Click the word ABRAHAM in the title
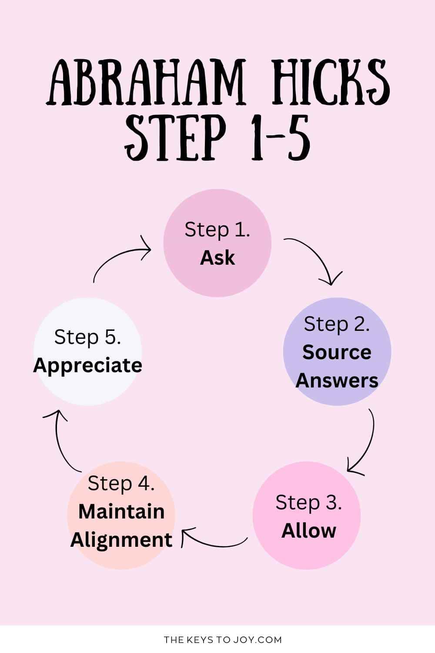pos(145,82)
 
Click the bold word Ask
pos(217,258)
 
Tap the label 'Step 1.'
pos(217,230)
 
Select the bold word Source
pos(337,352)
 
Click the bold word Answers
pos(337,380)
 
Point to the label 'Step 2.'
pos(337,324)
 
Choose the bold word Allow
pos(308,531)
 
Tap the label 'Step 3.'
pos(308,503)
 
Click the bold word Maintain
pos(121,512)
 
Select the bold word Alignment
pos(121,540)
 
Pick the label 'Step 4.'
pos(121,484)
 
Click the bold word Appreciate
pos(87,365)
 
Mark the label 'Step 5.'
pos(87,337)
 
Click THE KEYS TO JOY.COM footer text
pos(223,640)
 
